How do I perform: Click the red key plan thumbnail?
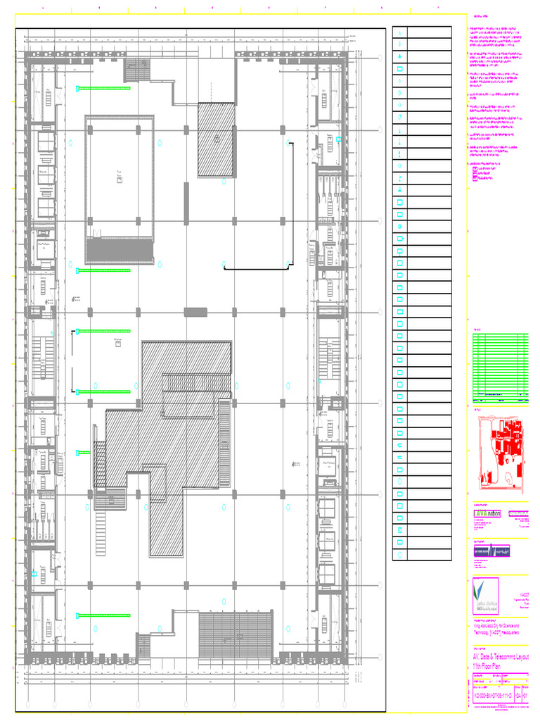[500, 452]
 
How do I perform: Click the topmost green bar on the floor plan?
[104, 89]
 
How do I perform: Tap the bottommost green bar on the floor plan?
[104, 615]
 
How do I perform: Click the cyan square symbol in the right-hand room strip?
[339, 139]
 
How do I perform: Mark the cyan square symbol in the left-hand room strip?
[33, 574]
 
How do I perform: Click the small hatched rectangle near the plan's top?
[216, 139]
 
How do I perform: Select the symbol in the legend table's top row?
[399, 32]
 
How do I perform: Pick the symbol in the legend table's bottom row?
[399, 554]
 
